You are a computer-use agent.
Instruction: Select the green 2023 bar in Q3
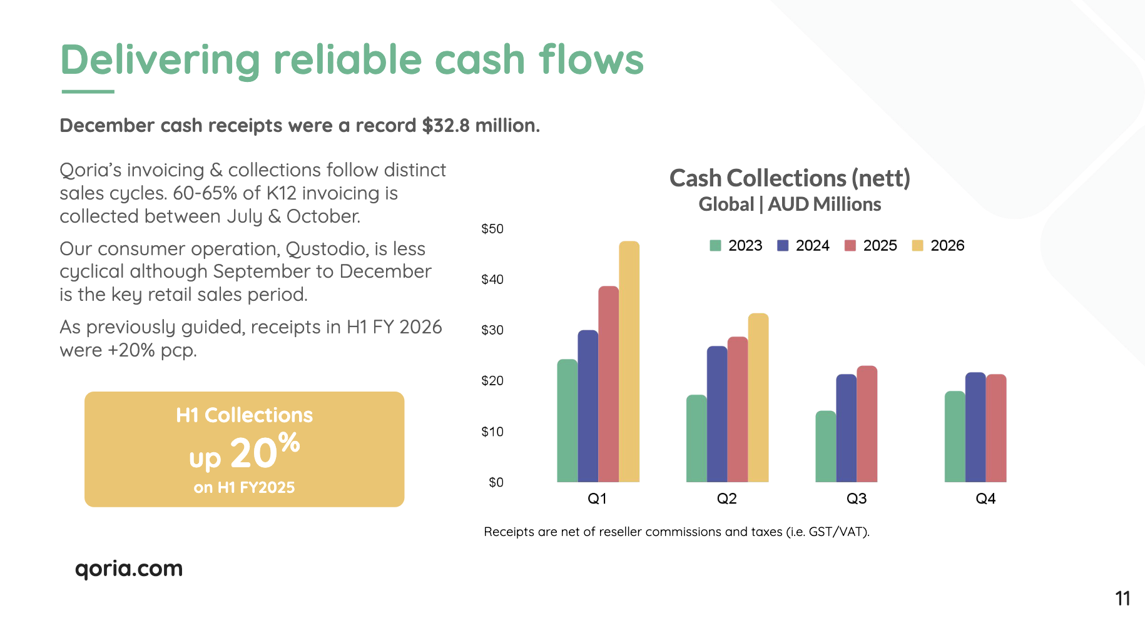pyautogui.click(x=825, y=447)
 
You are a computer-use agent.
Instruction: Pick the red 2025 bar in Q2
pyautogui.click(x=738, y=410)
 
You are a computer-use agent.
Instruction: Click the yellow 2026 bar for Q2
pyautogui.click(x=758, y=398)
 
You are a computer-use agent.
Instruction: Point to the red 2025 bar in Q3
pyautogui.click(x=867, y=424)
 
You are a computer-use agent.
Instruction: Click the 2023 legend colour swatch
pyautogui.click(x=715, y=245)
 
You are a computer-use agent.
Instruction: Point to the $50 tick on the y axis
pyautogui.click(x=492, y=229)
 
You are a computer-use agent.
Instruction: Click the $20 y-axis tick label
pyautogui.click(x=492, y=381)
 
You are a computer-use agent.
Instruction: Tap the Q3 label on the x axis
pyautogui.click(x=856, y=499)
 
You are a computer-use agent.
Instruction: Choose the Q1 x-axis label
pyautogui.click(x=597, y=499)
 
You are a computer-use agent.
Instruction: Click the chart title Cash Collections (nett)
pyautogui.click(x=790, y=178)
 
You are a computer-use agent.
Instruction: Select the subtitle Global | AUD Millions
pyautogui.click(x=790, y=205)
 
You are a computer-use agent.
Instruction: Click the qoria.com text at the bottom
pyautogui.click(x=129, y=569)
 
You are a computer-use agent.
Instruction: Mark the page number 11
pyautogui.click(x=1122, y=599)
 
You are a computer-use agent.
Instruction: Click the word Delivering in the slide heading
pyautogui.click(x=160, y=60)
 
